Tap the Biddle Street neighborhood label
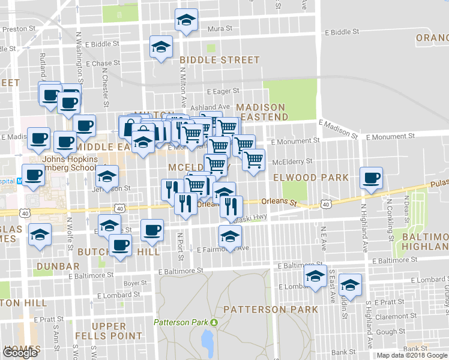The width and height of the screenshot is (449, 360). pos(220,60)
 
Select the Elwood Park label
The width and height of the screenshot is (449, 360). pos(310,178)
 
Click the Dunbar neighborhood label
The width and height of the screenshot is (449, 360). pos(58,266)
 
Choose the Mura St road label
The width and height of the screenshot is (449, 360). pos(215,29)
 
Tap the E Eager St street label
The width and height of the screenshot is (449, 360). pos(223,92)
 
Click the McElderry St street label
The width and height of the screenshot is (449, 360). pos(292,161)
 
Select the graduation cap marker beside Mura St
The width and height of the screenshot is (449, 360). pos(187,20)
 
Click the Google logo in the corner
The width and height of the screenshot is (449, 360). pos(20,353)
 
